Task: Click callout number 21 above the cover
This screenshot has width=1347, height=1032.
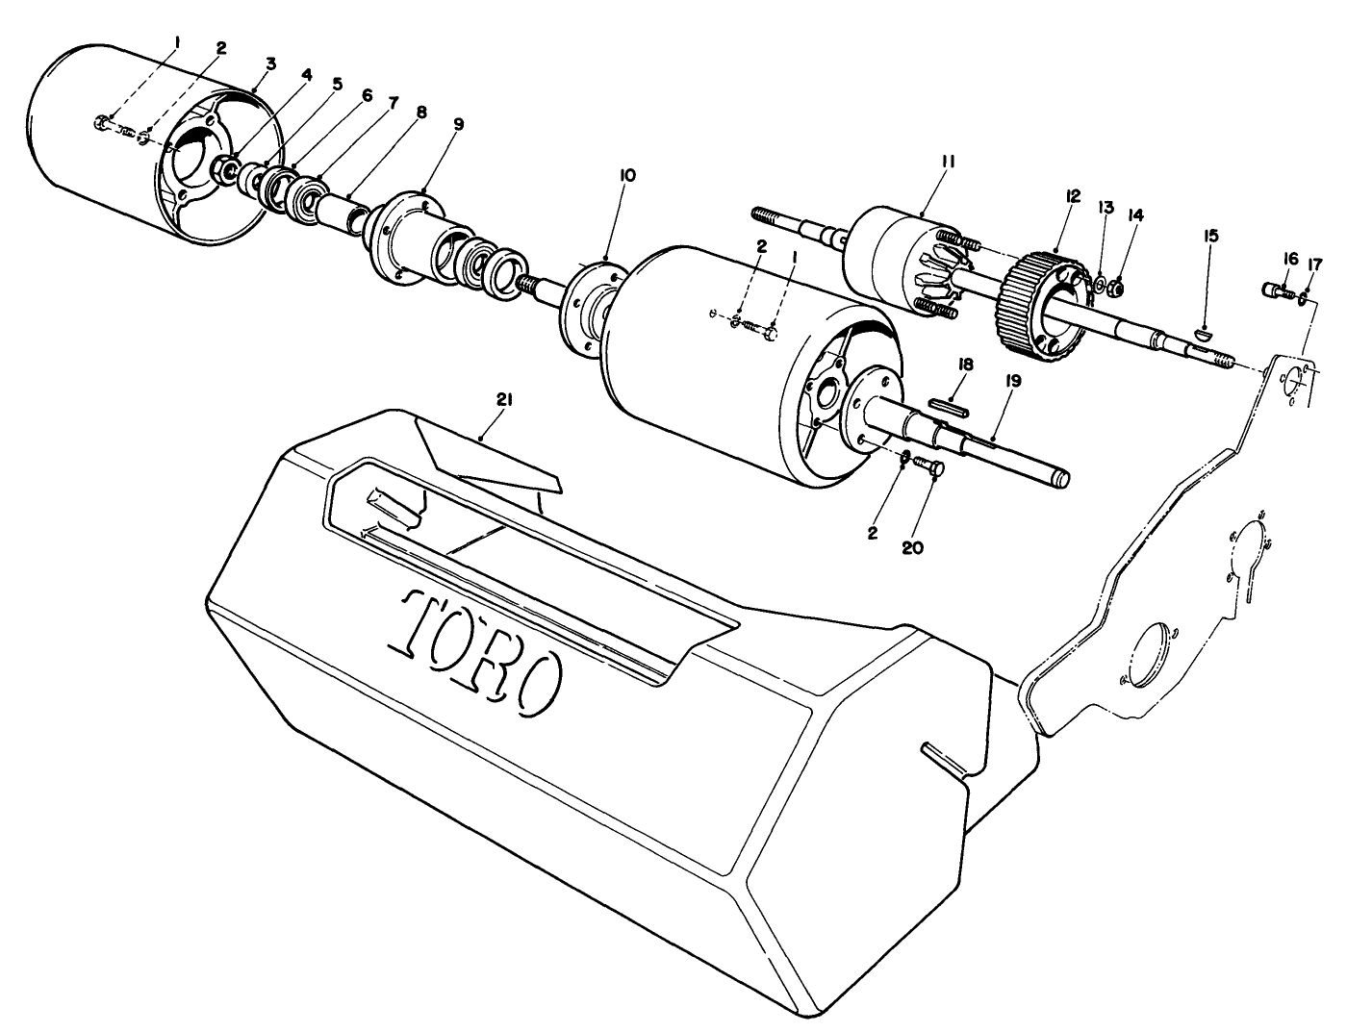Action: click(x=504, y=399)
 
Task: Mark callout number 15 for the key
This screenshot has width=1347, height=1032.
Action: click(x=1211, y=236)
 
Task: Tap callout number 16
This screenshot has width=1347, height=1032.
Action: click(x=1290, y=258)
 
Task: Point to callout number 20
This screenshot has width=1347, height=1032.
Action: click(x=912, y=546)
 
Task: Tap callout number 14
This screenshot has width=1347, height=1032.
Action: click(x=1136, y=216)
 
